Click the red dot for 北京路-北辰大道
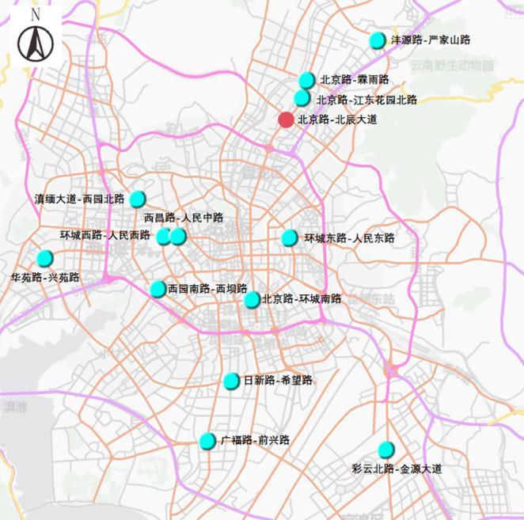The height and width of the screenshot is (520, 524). click(286, 120)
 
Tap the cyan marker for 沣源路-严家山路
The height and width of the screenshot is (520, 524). click(378, 40)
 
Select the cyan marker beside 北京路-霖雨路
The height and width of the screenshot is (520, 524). click(307, 80)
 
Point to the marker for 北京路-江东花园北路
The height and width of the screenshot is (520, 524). click(302, 98)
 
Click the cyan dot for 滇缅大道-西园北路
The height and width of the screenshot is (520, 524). click(138, 199)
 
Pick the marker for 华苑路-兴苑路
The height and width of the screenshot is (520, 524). click(45, 258)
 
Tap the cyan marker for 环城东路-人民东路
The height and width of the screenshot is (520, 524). click(290, 237)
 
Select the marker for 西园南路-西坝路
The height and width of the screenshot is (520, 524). click(158, 289)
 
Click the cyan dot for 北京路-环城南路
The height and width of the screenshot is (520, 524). click(252, 299)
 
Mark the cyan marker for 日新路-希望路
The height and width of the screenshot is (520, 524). click(231, 381)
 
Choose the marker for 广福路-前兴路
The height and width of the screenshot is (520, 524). click(207, 441)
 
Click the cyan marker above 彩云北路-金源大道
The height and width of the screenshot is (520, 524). click(386, 450)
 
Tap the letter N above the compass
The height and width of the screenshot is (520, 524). click(35, 15)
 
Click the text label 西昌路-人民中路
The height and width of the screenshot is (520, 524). click(184, 218)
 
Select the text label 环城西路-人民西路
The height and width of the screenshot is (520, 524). click(105, 235)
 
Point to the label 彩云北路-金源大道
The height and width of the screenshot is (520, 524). click(397, 469)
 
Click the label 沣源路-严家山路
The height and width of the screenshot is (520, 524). click(431, 40)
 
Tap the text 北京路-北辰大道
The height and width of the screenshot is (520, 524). click(337, 120)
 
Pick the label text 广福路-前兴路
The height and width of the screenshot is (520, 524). click(255, 440)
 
